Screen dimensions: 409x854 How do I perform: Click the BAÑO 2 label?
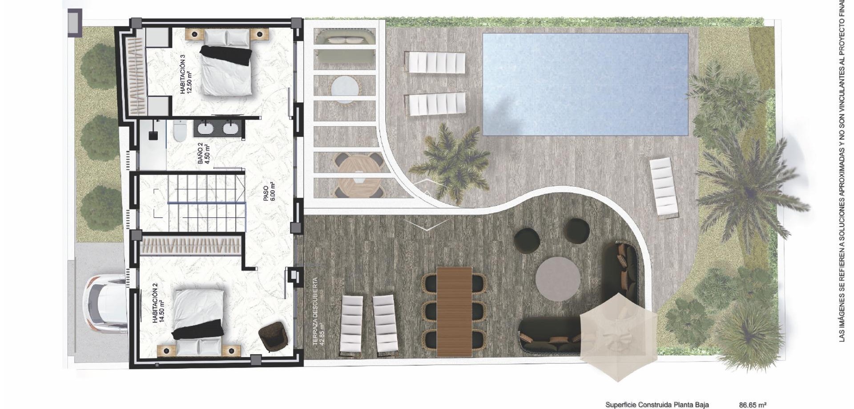click(x=203, y=153)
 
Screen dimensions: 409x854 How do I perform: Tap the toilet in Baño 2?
click(x=180, y=131)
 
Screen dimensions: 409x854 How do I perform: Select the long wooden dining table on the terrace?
click(x=454, y=311)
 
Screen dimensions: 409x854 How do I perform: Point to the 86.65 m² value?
click(x=753, y=405)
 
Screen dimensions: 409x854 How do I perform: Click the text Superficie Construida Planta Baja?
click(x=657, y=405)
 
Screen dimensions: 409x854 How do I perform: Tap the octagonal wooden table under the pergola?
click(x=359, y=175)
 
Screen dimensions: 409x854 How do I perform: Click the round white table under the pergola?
click(x=345, y=88)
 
